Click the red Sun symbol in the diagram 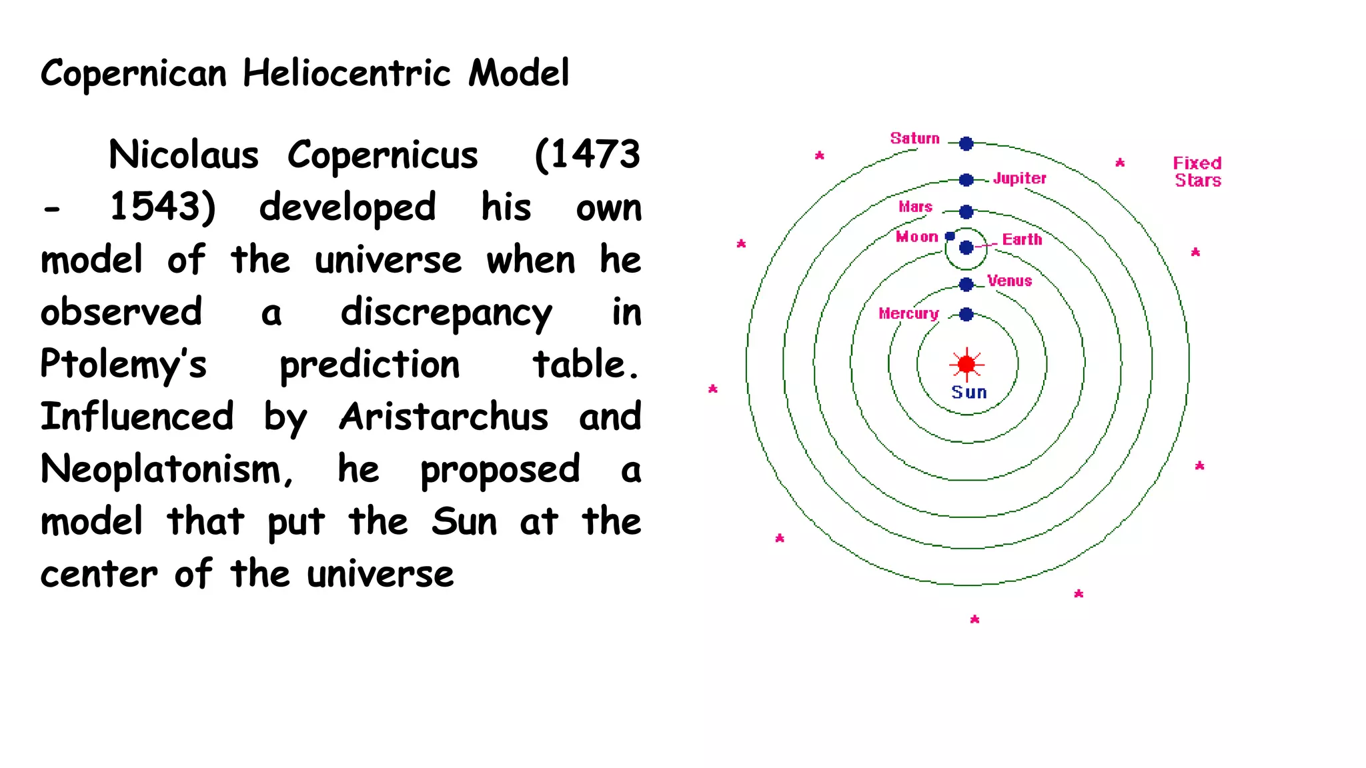tap(966, 364)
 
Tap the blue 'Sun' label tap(969, 393)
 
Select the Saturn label tap(914, 139)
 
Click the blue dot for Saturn tap(966, 143)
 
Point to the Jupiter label tap(1019, 178)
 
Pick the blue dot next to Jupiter tap(966, 180)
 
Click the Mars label tap(915, 207)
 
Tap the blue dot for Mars tap(966, 212)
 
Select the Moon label tap(916, 237)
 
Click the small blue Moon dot tap(950, 236)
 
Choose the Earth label tap(1022, 239)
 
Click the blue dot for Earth tap(966, 248)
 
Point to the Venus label tap(1009, 281)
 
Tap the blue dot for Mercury tap(966, 315)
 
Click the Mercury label tap(908, 313)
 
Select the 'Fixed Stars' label tap(1197, 172)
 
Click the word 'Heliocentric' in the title tap(346, 73)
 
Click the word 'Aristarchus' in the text tap(444, 417)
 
